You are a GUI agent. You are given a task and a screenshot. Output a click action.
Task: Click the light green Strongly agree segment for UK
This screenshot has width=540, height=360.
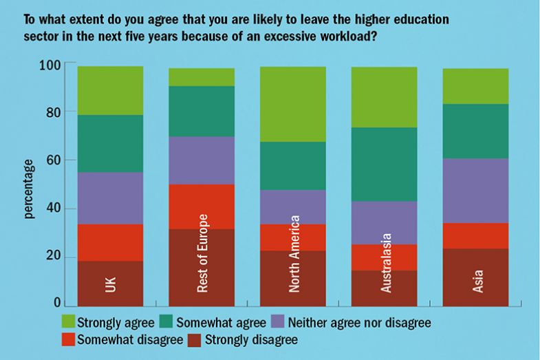coord(110,90)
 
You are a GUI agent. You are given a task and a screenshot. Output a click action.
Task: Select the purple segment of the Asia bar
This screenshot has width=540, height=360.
coord(475,191)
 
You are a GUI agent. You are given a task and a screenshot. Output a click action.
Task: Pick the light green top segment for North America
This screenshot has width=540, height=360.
coord(293,104)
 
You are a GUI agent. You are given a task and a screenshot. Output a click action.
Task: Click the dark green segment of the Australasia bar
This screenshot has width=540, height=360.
coord(385,164)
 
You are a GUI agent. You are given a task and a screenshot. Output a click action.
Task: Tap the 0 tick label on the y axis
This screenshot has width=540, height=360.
coord(58,304)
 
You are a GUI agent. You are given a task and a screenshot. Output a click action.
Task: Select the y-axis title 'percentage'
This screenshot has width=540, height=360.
coord(29,189)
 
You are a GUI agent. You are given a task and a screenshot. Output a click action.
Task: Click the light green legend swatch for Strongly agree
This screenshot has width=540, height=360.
coord(67,322)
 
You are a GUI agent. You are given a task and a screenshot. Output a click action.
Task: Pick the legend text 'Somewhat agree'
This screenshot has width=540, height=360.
coord(222,322)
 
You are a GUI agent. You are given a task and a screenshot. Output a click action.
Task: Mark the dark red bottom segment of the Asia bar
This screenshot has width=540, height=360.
coord(475,277)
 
